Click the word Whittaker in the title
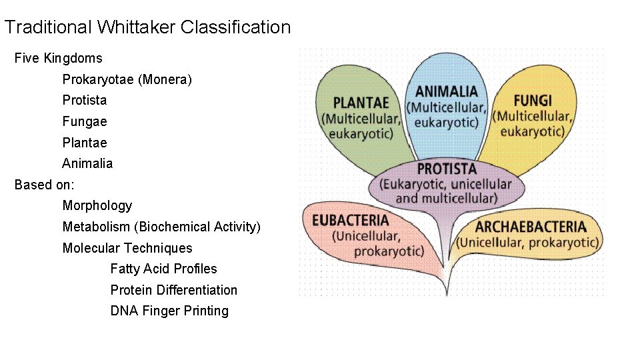coord(136,27)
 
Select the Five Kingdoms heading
coord(59,59)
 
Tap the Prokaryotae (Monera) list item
coord(127,80)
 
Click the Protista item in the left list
coord(85,101)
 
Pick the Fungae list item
coord(85,122)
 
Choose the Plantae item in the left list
coord(85,143)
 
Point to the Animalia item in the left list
coord(87,164)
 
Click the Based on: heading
coord(45,185)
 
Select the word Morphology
coord(97,206)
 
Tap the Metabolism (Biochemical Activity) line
coord(161,227)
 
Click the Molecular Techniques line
coord(127,249)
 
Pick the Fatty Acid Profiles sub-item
coord(163,269)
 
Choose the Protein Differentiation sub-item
coord(173,291)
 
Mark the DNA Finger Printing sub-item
coord(169,311)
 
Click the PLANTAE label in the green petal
coord(361,103)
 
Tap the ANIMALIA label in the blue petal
coord(447,91)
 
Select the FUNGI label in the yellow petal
coord(533,101)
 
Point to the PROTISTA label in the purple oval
coord(447,169)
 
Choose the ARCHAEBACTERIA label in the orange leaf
coord(531,227)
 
